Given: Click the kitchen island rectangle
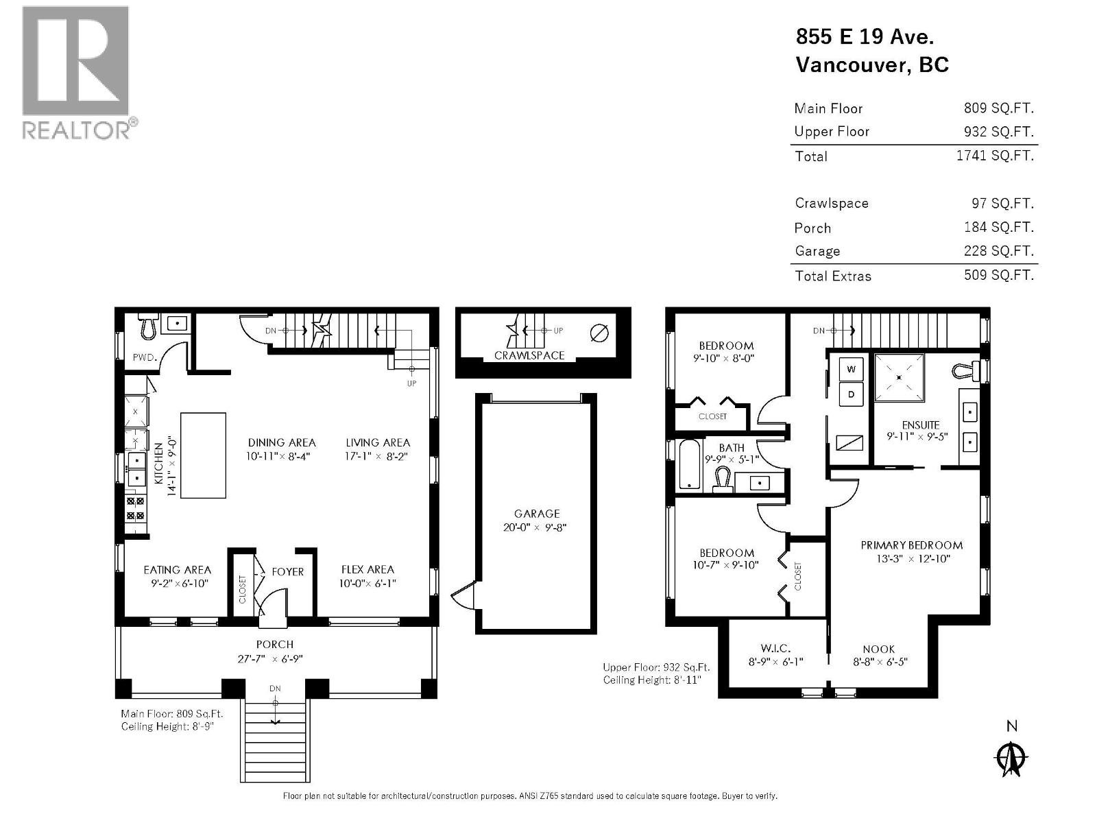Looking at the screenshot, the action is click(x=203, y=455).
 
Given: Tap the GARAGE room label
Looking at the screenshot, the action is click(x=537, y=514).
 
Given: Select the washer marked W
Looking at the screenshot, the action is click(x=852, y=369).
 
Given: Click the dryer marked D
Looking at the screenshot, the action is click(x=852, y=394).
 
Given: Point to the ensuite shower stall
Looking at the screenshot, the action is click(x=898, y=377).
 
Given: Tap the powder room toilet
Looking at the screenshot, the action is click(x=149, y=327).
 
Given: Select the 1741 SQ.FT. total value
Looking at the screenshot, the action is click(x=994, y=156).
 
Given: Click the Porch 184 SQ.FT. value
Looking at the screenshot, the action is click(x=998, y=227).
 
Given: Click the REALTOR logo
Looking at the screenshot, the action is click(x=76, y=72).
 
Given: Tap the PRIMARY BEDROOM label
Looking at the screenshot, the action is click(x=911, y=545).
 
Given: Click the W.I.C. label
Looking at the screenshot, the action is click(x=775, y=649).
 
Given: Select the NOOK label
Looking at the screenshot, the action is click(x=878, y=649).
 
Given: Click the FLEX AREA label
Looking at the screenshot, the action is click(x=367, y=569).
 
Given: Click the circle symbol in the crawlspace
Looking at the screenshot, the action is click(x=599, y=333).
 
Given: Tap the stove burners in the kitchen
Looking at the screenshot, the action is click(x=136, y=509).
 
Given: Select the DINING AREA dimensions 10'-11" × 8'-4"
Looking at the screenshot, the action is click(x=281, y=455).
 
